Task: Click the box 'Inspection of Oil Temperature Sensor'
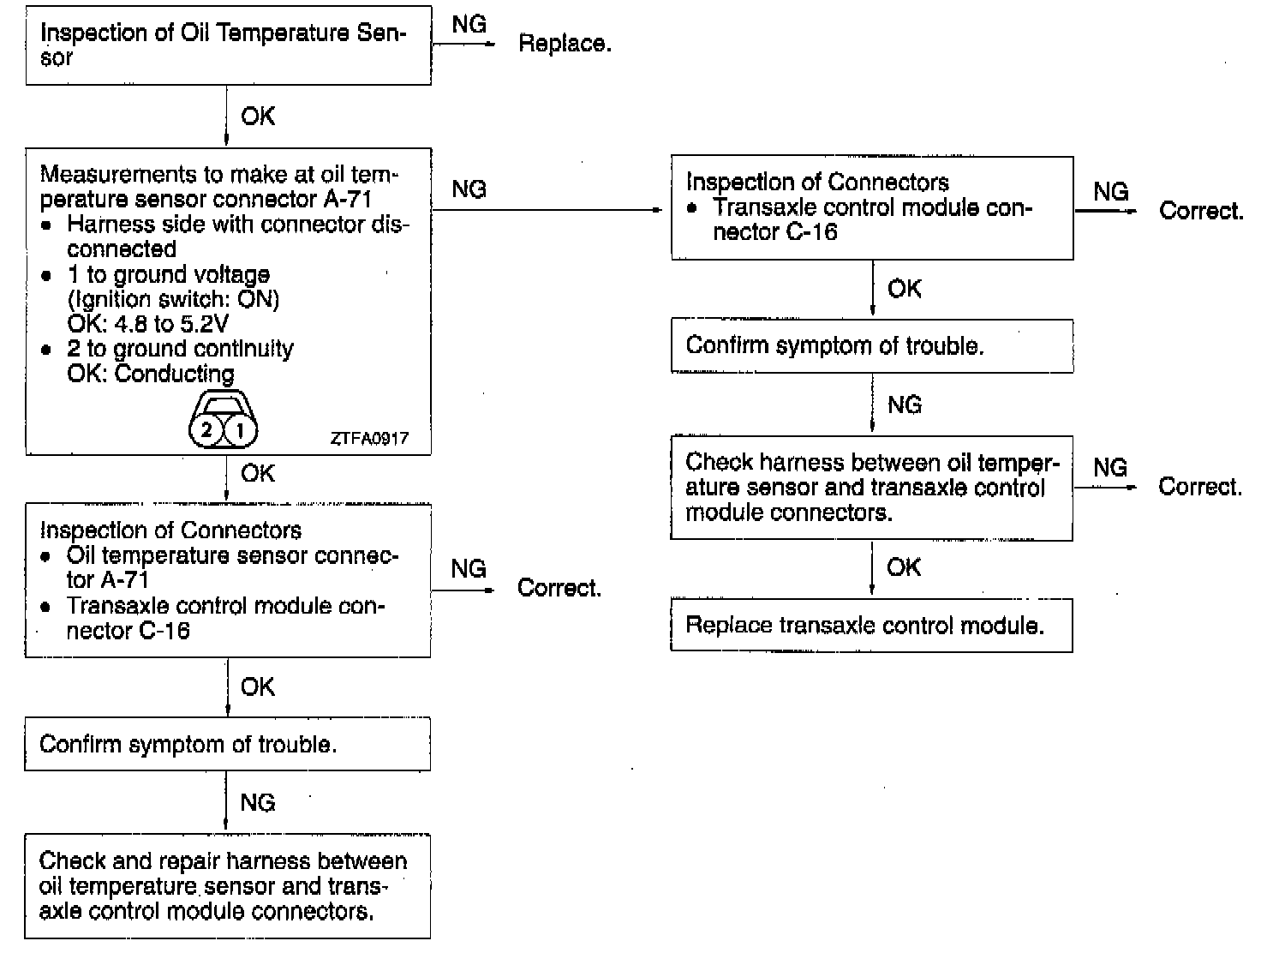[228, 45]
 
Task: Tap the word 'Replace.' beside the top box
[565, 44]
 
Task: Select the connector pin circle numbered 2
[206, 429]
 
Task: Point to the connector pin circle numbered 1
[241, 429]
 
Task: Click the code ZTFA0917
[369, 439]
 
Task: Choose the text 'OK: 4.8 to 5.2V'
[147, 324]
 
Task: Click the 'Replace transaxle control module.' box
[871, 626]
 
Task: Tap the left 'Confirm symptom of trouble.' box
[227, 744]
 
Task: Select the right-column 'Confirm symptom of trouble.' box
[871, 346]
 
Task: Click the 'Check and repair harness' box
[227, 886]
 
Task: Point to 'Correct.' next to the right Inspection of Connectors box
[1201, 211]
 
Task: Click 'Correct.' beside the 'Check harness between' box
[1200, 487]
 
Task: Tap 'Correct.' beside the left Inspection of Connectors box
[559, 588]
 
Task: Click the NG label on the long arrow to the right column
[469, 189]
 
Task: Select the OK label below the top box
[258, 117]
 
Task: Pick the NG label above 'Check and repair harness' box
[258, 802]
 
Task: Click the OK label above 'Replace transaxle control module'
[904, 567]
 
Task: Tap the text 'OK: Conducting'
[150, 374]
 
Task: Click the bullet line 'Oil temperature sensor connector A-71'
[231, 567]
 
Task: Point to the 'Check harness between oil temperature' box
[871, 488]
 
